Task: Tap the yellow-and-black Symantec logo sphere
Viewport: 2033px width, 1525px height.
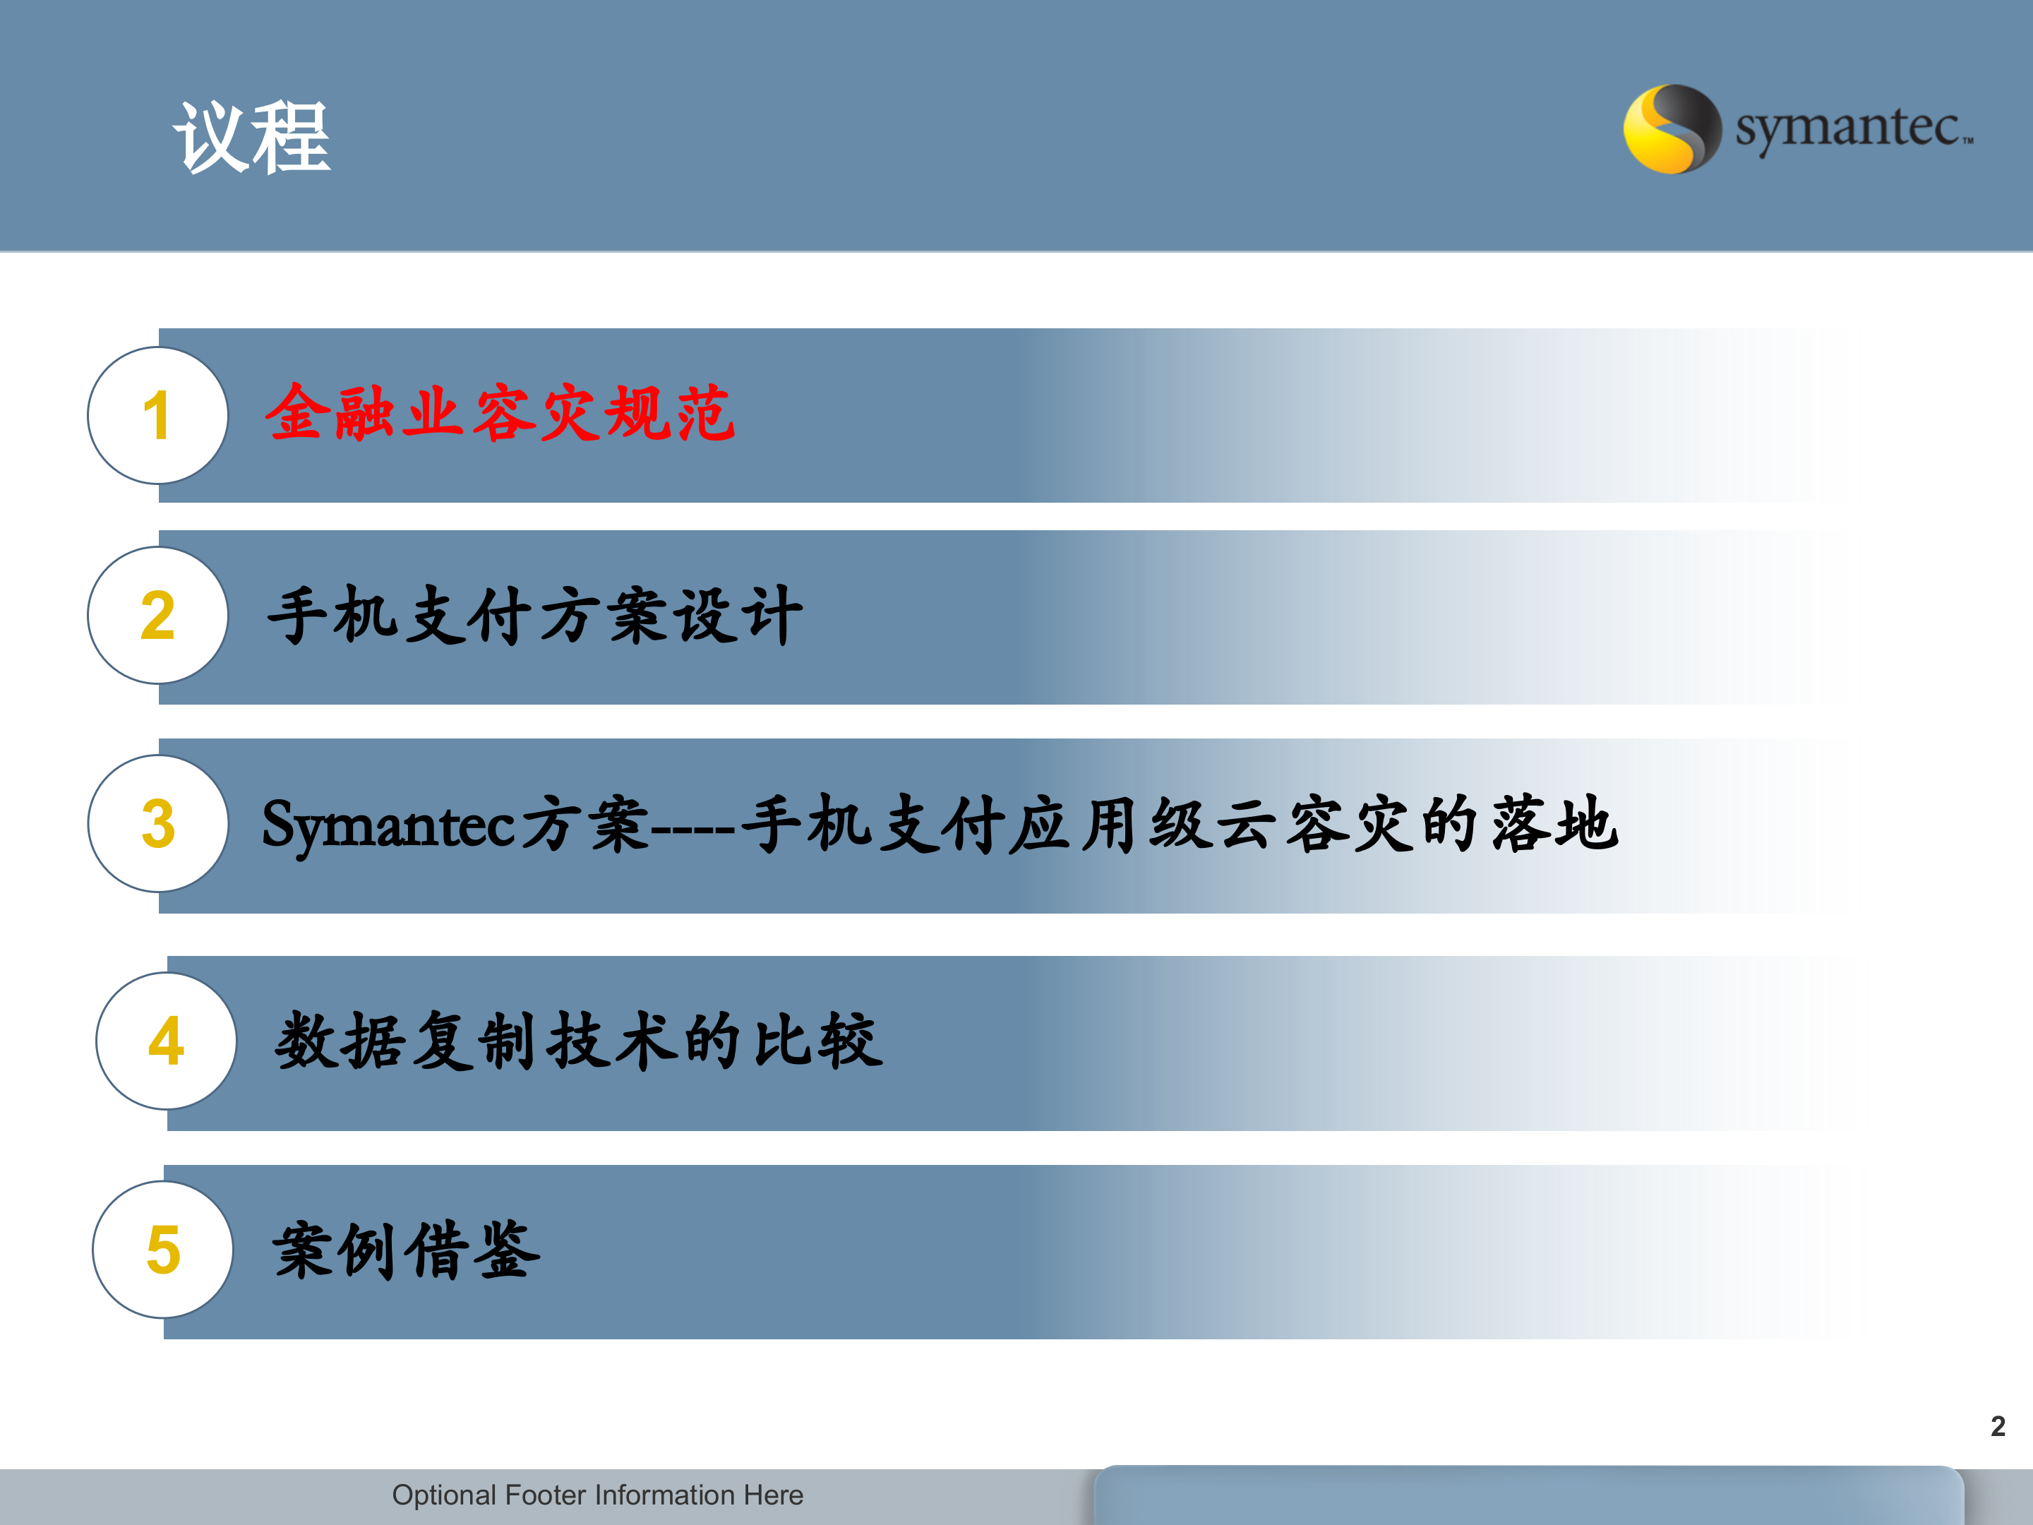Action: [x=1672, y=128]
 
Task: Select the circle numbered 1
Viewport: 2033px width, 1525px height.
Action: [x=157, y=415]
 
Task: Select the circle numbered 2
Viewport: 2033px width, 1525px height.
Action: [x=157, y=615]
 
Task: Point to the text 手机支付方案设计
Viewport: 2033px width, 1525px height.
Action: [x=535, y=615]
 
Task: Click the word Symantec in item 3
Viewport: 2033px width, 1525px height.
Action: [x=390, y=825]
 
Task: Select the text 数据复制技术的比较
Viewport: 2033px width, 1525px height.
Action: [x=578, y=1041]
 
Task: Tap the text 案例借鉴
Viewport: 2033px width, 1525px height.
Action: [x=405, y=1250]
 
